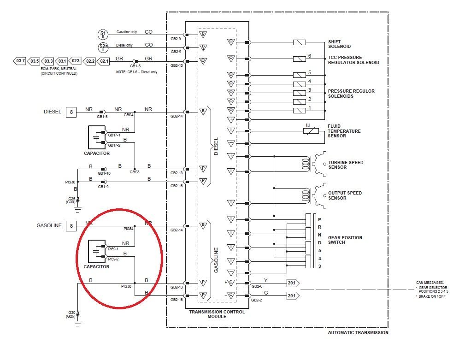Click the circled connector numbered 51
point(103,34)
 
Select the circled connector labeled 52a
point(103,47)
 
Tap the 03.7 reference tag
point(20,61)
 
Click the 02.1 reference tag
point(104,61)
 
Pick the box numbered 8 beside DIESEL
point(71,112)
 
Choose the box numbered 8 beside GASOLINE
point(71,226)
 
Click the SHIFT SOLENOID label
point(340,44)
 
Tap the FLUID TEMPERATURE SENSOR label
point(344,131)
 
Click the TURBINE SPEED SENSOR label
point(345,165)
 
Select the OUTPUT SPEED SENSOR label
point(345,195)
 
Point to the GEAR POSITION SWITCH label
point(345,240)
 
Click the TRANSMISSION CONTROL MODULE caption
point(217,314)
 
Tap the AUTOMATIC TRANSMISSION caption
point(358,332)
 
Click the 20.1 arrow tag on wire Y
point(293,283)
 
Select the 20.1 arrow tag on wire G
point(293,295)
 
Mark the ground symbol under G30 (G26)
point(78,323)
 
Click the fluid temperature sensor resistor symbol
point(311,131)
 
